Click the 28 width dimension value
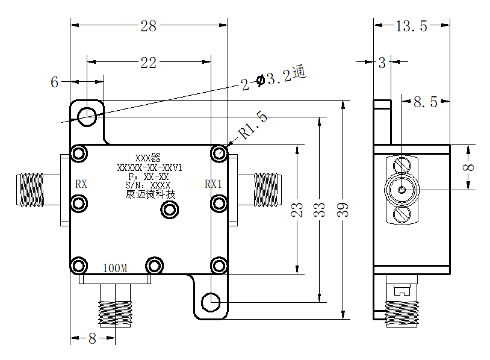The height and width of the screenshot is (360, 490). coord(148,26)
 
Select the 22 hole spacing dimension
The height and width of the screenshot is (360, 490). coord(148,63)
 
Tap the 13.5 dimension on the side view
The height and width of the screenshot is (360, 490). coord(411,26)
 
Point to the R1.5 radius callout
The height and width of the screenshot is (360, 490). coord(253,125)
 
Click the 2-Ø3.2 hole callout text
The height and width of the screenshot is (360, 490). coord(274,78)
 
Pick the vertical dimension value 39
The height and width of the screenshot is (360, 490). coord(343,210)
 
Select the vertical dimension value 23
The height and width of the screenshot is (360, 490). coord(297,210)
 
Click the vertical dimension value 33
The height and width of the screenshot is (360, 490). coord(320,210)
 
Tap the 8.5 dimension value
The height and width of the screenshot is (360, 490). coord(426,102)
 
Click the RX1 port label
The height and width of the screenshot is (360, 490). coord(214,184)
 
